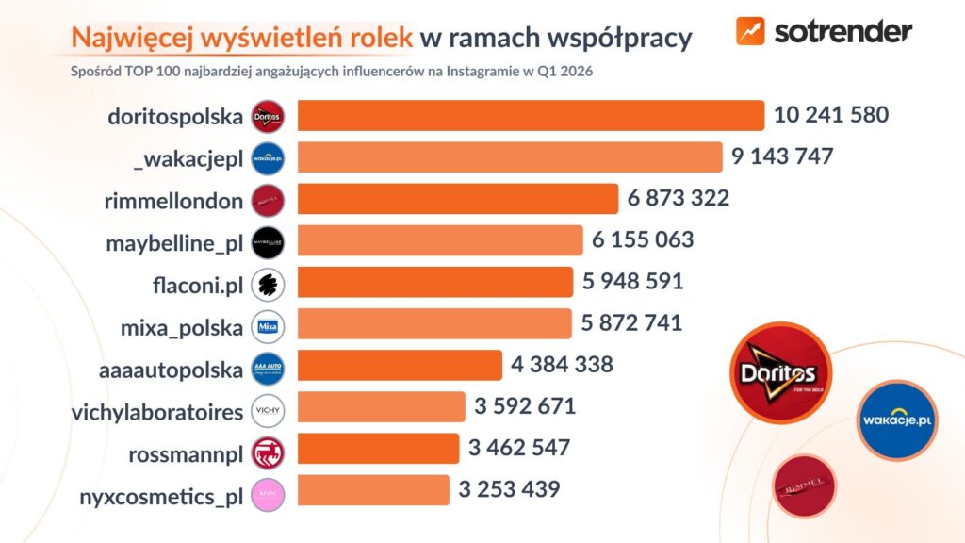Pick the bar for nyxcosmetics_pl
tap(373, 490)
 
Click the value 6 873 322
tap(679, 199)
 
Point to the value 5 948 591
tap(632, 282)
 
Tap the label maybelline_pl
tap(175, 241)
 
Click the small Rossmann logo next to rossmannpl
tap(269, 450)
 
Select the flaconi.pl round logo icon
tap(269, 284)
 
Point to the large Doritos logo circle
tap(780, 373)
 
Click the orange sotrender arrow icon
tap(751, 31)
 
